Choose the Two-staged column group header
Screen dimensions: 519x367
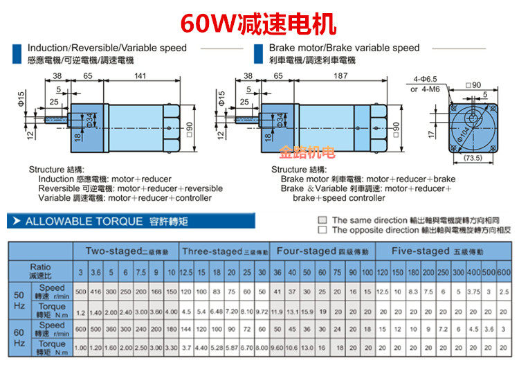[127, 251]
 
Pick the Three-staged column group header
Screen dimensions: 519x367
[224, 251]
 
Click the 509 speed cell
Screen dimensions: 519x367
[81, 292]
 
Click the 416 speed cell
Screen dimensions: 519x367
[96, 292]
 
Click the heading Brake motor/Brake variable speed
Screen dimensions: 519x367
[344, 48]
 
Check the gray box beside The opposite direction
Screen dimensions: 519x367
[322, 229]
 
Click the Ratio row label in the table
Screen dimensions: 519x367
[39, 271]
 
